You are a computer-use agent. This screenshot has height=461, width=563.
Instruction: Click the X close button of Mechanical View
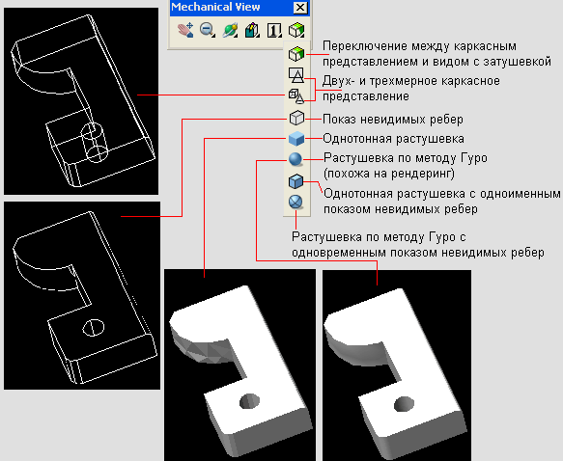tap(300, 8)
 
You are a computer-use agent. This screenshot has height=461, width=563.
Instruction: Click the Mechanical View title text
tap(215, 7)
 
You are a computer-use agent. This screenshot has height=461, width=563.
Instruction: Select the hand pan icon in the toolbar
tap(185, 30)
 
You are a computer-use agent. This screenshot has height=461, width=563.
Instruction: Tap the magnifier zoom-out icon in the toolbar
tap(208, 30)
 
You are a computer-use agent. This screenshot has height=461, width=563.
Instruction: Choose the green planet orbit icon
tap(230, 30)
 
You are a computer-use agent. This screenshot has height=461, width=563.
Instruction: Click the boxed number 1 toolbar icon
tap(274, 30)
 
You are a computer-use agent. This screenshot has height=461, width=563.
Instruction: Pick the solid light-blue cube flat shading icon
tap(296, 139)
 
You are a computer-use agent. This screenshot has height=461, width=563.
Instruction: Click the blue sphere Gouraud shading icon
tap(296, 159)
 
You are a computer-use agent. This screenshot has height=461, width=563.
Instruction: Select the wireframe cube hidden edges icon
tap(296, 118)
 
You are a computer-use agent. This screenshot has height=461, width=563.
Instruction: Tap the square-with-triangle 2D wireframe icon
tap(296, 75)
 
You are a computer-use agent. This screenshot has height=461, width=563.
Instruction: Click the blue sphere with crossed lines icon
tap(296, 202)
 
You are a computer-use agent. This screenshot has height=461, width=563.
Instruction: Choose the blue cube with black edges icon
tap(296, 181)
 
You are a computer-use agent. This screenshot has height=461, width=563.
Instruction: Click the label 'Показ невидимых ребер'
tap(393, 120)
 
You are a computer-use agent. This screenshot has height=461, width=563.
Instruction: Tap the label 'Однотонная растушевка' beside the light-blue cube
tap(394, 139)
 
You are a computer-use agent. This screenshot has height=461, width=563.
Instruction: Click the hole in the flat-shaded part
tap(250, 401)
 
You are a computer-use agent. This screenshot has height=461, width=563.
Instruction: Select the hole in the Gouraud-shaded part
tap(405, 404)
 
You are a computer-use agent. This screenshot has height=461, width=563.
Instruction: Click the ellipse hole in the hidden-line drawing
tap(94, 327)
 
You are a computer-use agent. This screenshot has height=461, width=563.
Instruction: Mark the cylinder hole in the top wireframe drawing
tap(95, 143)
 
